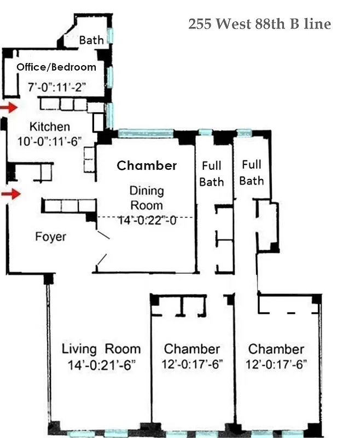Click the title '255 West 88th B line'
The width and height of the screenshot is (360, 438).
(x=259, y=24)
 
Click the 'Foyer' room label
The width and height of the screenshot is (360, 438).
(x=50, y=237)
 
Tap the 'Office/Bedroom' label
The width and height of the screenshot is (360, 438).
(x=56, y=67)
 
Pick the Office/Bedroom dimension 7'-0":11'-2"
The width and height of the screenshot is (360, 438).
(x=57, y=86)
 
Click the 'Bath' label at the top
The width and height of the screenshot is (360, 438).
(x=91, y=40)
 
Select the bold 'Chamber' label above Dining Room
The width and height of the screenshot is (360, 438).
(x=147, y=165)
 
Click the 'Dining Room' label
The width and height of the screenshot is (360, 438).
(x=146, y=198)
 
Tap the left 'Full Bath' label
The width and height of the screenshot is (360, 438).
(x=211, y=173)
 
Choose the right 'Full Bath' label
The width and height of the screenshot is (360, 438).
(x=252, y=172)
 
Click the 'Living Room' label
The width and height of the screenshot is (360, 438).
(x=101, y=349)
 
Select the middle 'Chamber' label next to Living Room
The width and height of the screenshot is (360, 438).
(x=192, y=349)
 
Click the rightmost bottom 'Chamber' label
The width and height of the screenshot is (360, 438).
(x=276, y=349)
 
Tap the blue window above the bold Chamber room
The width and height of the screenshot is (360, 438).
(x=146, y=133)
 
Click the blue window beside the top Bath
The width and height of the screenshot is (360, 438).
(x=111, y=36)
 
